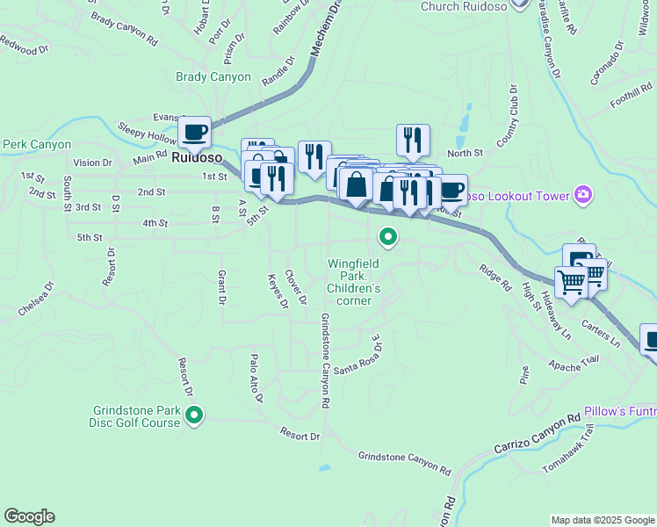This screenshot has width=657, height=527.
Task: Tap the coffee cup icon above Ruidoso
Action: pos(195,133)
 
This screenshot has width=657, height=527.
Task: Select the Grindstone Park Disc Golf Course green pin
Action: pos(194,414)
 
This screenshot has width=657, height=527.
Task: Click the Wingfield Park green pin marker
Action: pos(387,236)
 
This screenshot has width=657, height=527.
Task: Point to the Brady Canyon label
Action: pos(213,77)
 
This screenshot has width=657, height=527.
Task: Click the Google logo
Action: pos(29,516)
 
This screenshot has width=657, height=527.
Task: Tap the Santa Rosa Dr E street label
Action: pos(354,356)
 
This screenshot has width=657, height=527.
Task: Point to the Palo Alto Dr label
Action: pos(256,378)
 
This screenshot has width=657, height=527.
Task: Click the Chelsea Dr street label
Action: pos(36,300)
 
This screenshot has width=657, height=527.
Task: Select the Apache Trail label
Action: pos(573,360)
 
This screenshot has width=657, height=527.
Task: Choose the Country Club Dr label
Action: pos(508,119)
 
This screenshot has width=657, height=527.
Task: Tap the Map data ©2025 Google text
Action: pos(602,520)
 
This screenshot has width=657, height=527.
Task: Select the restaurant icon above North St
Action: pos(412,139)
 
